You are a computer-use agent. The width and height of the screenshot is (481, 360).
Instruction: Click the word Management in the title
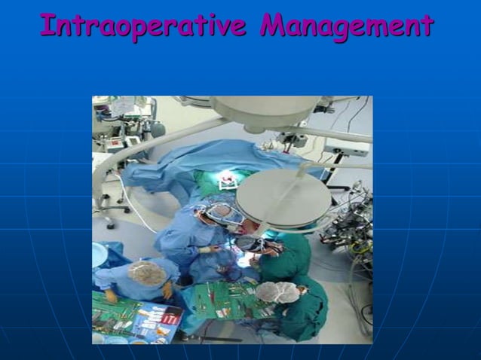point(347,26)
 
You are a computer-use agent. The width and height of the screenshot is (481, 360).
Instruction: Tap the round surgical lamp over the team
point(283,197)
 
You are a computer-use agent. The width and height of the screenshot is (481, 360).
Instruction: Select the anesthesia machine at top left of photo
point(121,128)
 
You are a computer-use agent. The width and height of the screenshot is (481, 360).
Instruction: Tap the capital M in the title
point(273,26)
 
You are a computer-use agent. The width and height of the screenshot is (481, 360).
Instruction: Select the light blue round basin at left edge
point(99,255)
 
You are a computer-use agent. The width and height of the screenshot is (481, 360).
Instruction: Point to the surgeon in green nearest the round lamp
point(286,256)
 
